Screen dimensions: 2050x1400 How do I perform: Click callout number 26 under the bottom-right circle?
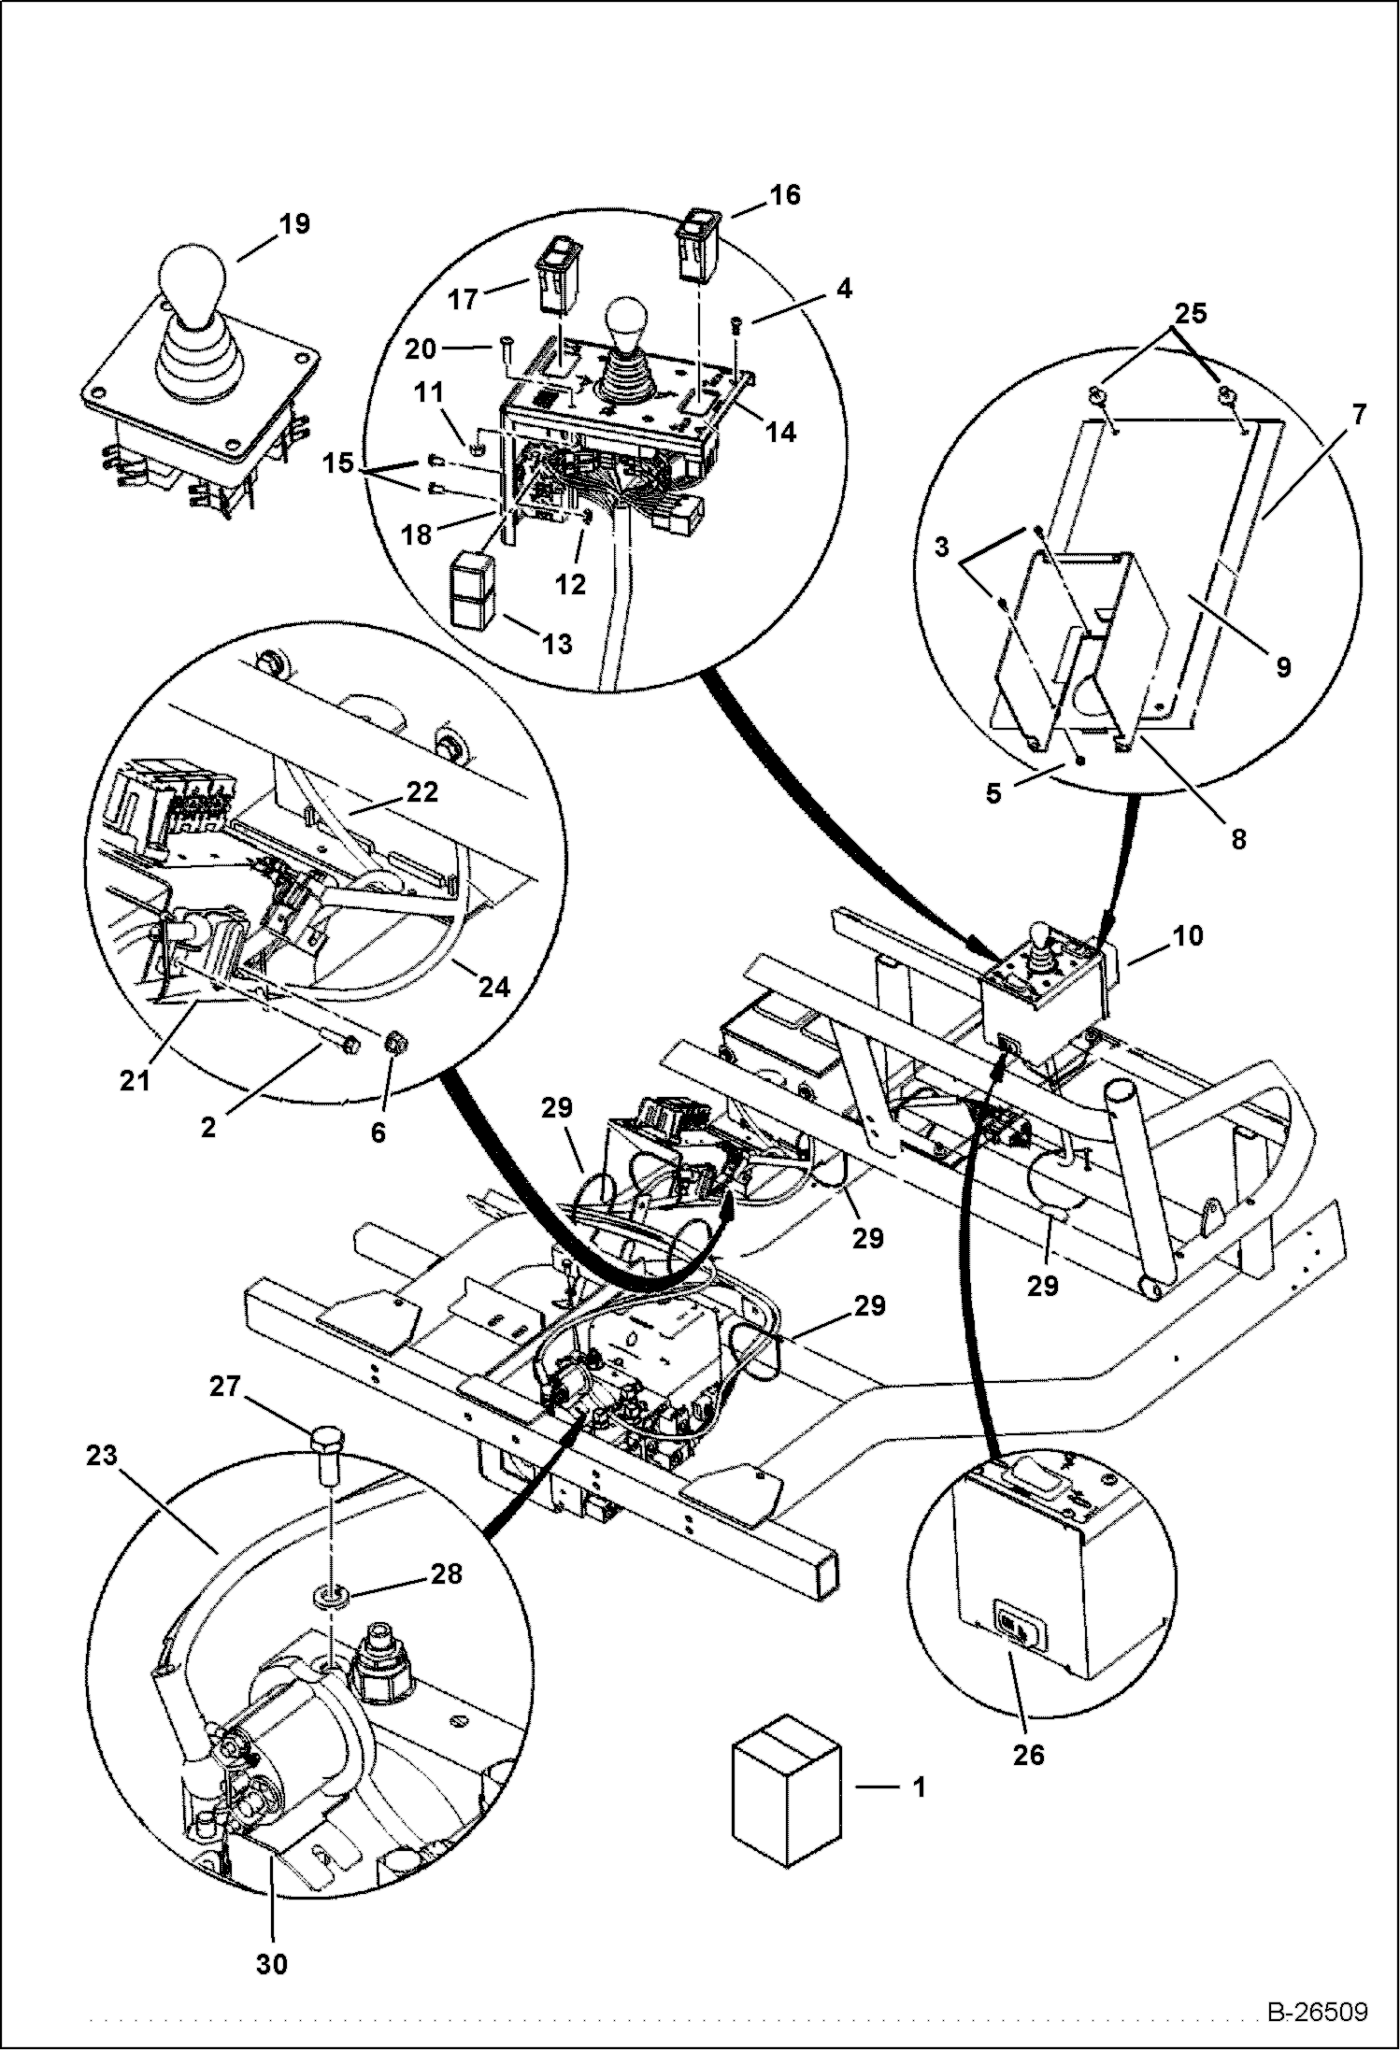pyautogui.click(x=1029, y=1755)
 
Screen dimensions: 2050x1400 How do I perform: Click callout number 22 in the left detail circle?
pyautogui.click(x=422, y=791)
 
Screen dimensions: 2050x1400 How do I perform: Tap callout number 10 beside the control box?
pyautogui.click(x=1187, y=935)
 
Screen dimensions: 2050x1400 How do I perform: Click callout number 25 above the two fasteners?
pyautogui.click(x=1190, y=313)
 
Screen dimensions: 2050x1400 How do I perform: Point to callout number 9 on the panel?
pyautogui.click(x=1282, y=666)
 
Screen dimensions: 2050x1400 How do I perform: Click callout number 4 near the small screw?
pyautogui.click(x=843, y=289)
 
